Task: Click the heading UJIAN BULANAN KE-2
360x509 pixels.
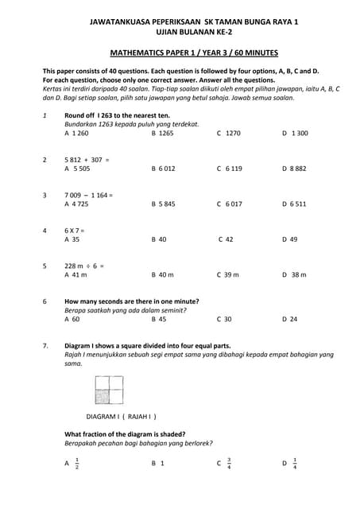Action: [180, 34]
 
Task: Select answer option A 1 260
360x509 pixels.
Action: [76, 134]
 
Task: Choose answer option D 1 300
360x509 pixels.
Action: [295, 134]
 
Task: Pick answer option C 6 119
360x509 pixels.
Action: [229, 169]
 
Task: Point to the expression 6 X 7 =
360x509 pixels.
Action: [75, 231]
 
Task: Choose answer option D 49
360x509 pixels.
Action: [289, 239]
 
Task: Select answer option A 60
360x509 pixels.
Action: [72, 319]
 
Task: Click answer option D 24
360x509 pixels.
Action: [289, 319]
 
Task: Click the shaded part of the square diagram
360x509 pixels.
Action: [102, 384]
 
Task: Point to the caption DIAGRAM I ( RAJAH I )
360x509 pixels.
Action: [122, 416]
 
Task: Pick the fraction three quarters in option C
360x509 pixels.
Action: [229, 462]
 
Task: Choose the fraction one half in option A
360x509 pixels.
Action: [76, 462]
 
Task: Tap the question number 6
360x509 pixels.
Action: [45, 301]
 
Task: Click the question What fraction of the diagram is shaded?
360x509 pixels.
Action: [125, 433]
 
